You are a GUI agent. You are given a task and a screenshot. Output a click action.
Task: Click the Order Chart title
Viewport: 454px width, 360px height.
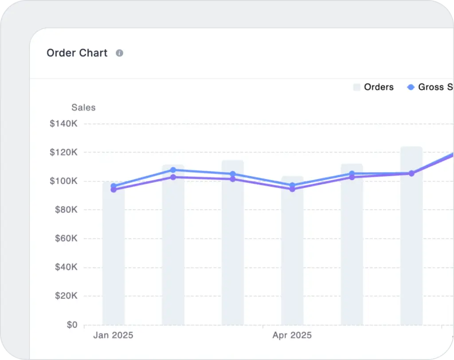(x=77, y=53)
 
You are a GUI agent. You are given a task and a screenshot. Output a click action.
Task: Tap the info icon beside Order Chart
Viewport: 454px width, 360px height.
(x=119, y=53)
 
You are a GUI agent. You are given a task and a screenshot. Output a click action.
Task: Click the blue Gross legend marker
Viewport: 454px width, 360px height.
(x=411, y=87)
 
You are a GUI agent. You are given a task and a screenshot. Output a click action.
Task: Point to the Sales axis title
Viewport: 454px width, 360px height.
(x=83, y=107)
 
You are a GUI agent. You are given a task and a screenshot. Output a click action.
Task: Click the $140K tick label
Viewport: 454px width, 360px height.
(x=64, y=124)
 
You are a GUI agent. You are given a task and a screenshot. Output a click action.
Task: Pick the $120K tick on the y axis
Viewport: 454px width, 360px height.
(x=64, y=153)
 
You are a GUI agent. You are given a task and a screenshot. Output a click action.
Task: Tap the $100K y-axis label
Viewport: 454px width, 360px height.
(x=64, y=181)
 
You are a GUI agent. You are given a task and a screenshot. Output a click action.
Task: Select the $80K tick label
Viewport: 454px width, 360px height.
(x=66, y=210)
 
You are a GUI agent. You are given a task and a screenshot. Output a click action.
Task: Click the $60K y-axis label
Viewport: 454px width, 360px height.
(x=66, y=239)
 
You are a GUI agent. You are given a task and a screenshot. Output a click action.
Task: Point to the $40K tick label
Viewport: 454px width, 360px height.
(x=66, y=267)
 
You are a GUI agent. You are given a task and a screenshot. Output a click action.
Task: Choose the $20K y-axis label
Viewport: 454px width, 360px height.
(x=66, y=296)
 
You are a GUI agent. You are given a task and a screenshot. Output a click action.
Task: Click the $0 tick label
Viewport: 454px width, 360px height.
(x=72, y=325)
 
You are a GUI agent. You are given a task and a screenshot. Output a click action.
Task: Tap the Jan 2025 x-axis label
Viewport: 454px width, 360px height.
(x=113, y=335)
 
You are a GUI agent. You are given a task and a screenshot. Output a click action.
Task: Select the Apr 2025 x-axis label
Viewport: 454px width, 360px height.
(x=292, y=335)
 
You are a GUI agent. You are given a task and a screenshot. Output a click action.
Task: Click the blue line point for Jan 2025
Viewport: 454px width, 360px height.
(x=113, y=186)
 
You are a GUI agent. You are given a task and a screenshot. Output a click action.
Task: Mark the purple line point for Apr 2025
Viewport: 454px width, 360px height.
(x=292, y=189)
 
